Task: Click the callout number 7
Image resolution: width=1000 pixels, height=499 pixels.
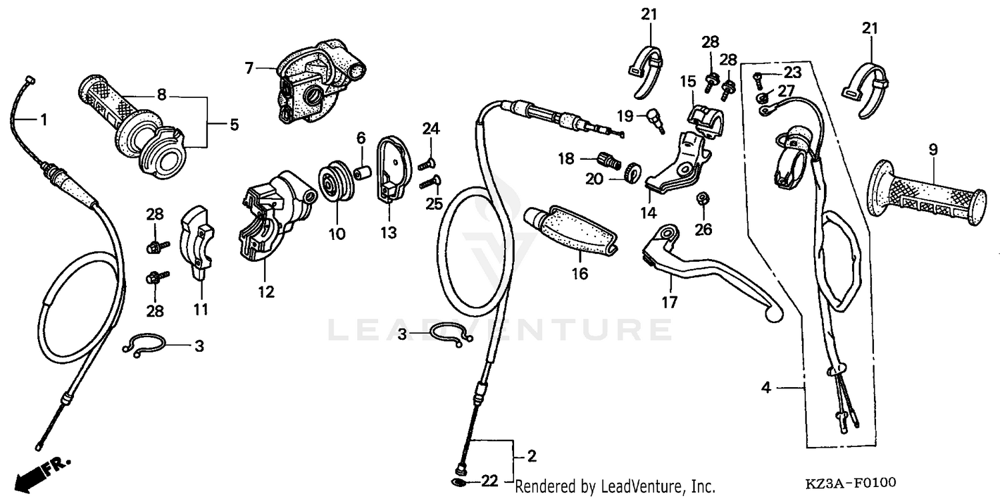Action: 249,67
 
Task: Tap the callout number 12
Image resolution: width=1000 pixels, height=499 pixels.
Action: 266,292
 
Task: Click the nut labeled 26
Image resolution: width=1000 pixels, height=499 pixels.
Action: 701,199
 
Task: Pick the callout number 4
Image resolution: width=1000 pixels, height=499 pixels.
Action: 766,387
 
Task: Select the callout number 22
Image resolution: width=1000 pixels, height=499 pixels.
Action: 489,481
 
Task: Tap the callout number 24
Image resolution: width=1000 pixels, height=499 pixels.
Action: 431,129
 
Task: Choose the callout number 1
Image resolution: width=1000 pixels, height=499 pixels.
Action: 43,120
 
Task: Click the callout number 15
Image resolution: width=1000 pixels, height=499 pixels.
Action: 687,82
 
